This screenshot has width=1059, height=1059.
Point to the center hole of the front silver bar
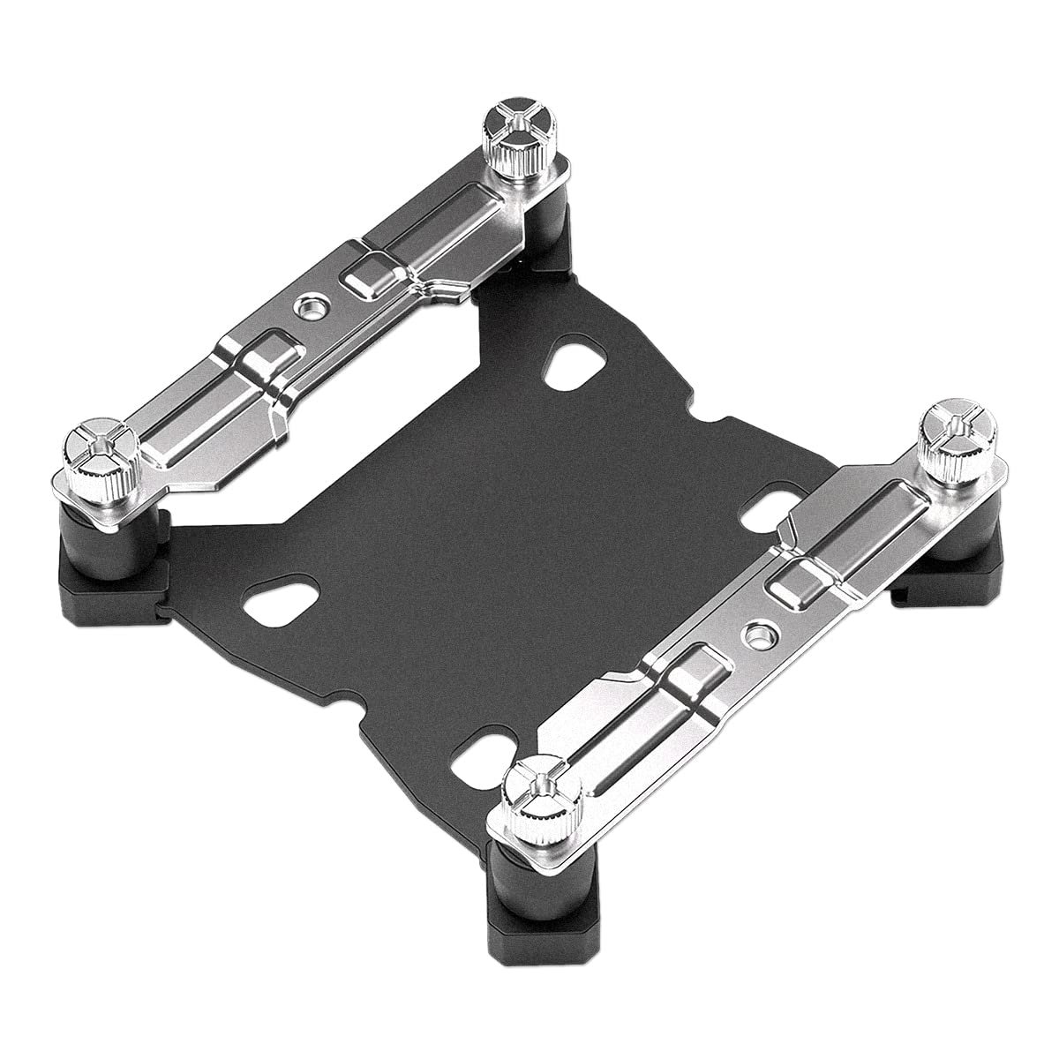click(x=755, y=632)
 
